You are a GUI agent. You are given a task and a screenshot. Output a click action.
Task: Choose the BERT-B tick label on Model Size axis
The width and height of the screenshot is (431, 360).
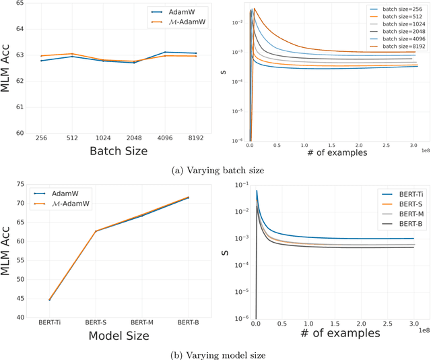[187, 322]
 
